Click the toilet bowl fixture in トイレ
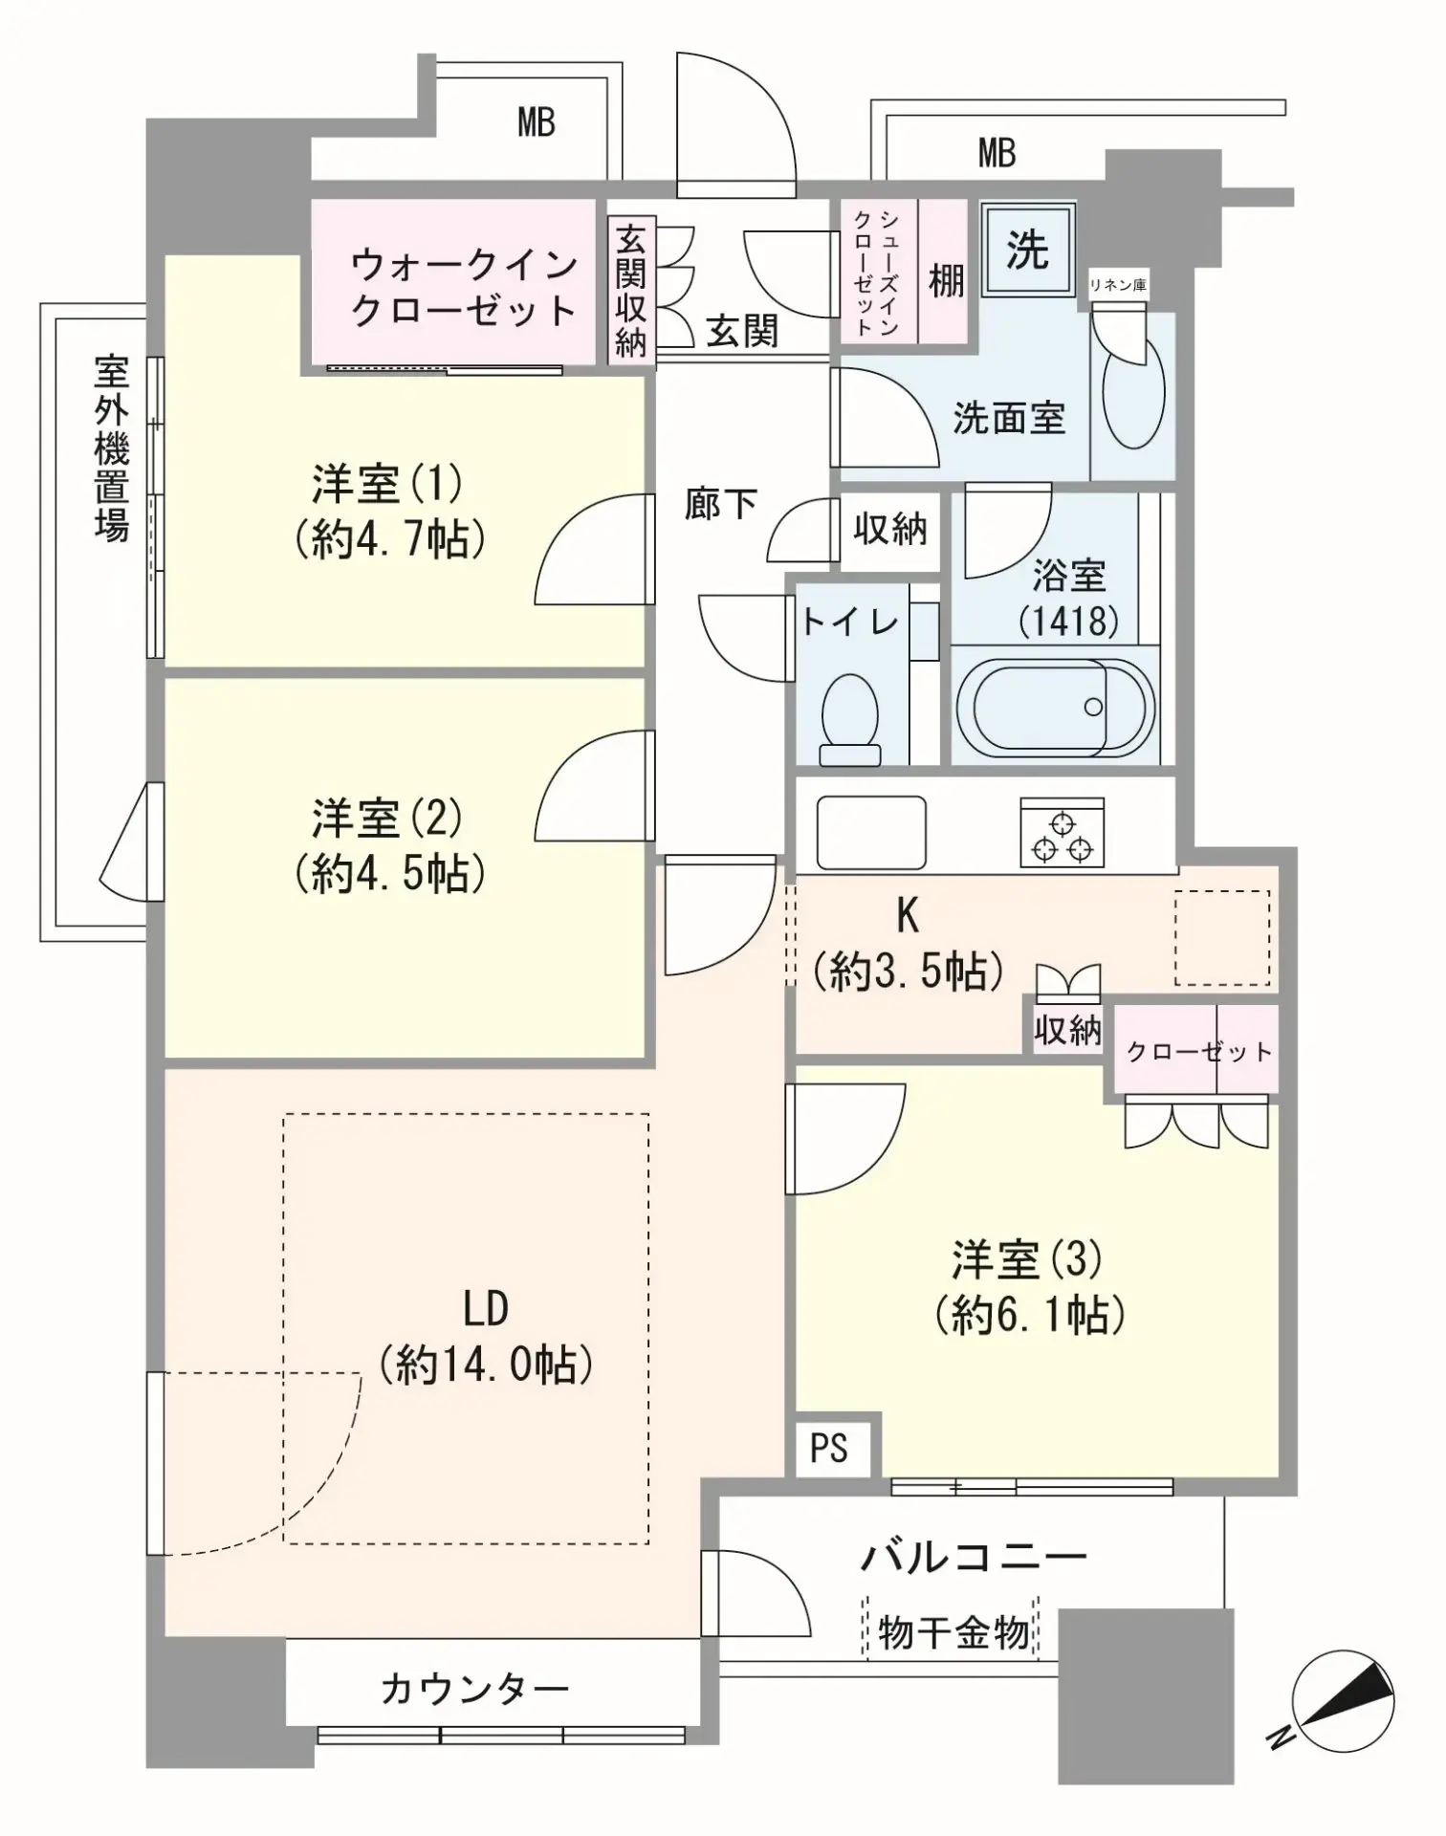850,717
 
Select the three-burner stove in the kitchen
1062,833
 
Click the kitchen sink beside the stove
870,832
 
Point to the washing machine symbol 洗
1027,250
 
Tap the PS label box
829,1447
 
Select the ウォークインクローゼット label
463,287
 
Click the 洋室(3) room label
1028,1260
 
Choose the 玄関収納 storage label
631,290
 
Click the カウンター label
475,1690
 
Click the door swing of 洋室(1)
593,552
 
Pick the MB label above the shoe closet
996,152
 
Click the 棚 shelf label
946,280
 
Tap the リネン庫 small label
1118,285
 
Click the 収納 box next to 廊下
889,528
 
